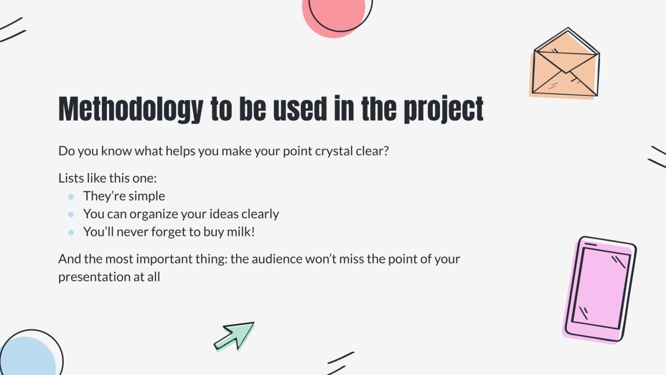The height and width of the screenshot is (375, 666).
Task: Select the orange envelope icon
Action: [565, 64]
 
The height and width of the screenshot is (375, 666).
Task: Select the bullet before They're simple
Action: [71, 197]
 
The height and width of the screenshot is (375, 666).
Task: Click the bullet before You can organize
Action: [71, 215]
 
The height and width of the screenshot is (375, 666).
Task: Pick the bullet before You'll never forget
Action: [71, 233]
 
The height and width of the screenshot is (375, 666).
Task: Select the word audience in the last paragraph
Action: [279, 259]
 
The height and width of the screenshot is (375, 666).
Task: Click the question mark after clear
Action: [385, 151]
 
